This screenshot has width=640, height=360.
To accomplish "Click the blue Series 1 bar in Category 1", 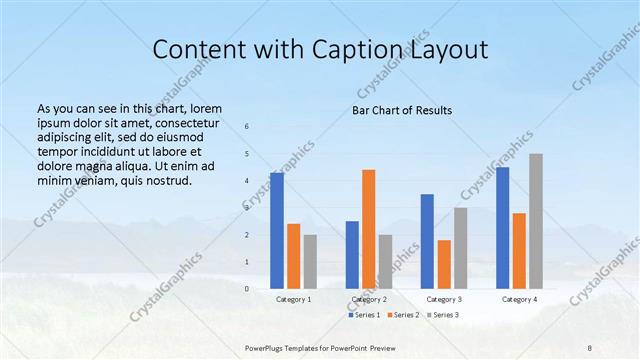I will (x=277, y=230).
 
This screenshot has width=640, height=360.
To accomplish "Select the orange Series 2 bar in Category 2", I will (x=368, y=228).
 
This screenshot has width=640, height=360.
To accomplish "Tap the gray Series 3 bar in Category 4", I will (x=536, y=220).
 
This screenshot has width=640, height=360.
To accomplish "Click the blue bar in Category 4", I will (x=502, y=227).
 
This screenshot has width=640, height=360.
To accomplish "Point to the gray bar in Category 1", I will (x=310, y=261).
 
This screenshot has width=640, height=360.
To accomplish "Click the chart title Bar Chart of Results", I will (x=402, y=110).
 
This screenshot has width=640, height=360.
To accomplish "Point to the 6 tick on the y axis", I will (x=247, y=126).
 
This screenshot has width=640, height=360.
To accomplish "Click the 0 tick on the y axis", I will (x=247, y=288).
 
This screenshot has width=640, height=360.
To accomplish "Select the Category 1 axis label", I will (x=294, y=299).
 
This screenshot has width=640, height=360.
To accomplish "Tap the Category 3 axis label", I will (x=444, y=299).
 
